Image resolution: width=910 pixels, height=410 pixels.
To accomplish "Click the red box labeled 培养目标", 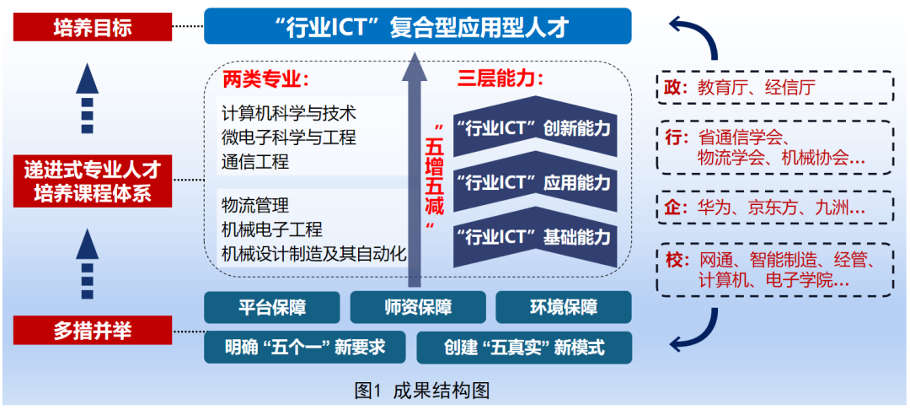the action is tap(93, 29).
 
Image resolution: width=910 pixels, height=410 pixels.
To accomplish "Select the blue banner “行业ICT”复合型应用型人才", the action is tap(417, 27).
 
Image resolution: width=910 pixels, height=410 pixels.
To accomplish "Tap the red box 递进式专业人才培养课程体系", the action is tap(93, 181).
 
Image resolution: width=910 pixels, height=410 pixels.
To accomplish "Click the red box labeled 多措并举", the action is tap(93, 331).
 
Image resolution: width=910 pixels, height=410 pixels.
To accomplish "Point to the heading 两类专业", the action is tap(266, 80).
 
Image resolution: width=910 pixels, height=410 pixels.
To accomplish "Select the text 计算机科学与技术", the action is tap(288, 113).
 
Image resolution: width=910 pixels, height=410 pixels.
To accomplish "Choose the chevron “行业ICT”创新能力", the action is tap(534, 130).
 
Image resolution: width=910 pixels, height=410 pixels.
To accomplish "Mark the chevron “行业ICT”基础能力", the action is tap(534, 237).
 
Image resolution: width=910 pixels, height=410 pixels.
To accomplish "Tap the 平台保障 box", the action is tap(272, 307).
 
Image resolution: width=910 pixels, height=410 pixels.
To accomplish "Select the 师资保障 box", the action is tap(418, 307).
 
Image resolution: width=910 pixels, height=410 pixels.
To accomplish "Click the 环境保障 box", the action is tap(563, 307).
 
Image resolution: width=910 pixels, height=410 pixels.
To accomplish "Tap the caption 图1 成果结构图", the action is tap(422, 391).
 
